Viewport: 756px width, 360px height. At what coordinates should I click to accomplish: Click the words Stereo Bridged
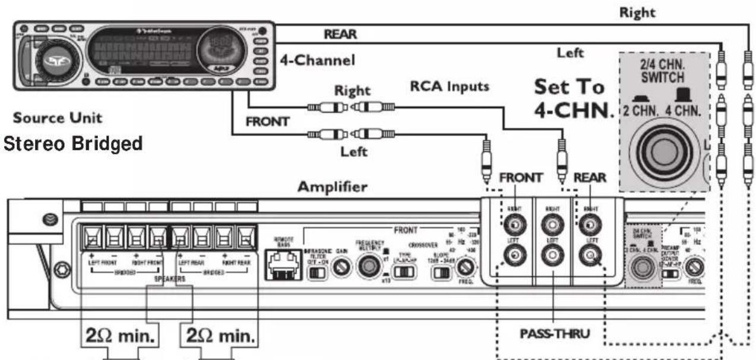[74, 144]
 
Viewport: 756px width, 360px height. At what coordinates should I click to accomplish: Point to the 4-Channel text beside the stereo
[318, 60]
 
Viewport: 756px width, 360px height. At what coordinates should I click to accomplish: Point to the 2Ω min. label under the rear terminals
[219, 336]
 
